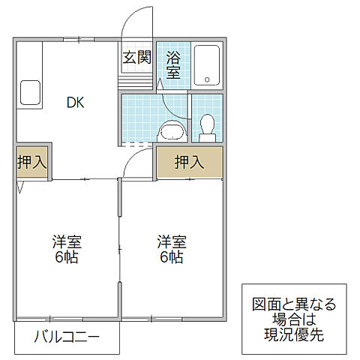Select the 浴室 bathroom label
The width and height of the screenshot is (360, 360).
(x=173, y=64)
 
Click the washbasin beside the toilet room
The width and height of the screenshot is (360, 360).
(x=172, y=132)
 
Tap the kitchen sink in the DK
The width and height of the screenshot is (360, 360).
(x=31, y=93)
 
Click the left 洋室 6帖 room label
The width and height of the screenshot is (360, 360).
(x=66, y=250)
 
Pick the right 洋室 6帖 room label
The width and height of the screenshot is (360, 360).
(x=171, y=250)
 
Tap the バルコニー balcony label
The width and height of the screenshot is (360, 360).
(x=66, y=337)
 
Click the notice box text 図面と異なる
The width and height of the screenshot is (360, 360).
(x=293, y=305)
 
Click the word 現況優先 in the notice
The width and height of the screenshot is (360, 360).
(x=293, y=335)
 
